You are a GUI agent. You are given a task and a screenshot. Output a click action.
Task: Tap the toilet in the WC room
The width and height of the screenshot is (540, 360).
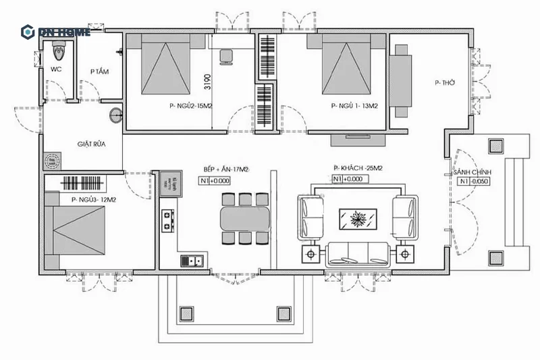pos(58,49)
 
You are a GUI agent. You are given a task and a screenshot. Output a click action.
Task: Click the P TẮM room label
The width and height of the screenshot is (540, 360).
pos(100,72)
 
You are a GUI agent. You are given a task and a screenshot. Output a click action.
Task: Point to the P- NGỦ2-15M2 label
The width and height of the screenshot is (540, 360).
pos(192,106)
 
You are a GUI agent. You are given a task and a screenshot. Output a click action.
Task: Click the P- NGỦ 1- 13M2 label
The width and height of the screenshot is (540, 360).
pos(354,106)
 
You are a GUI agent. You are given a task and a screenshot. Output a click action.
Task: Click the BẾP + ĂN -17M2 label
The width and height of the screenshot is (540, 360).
pos(226,169)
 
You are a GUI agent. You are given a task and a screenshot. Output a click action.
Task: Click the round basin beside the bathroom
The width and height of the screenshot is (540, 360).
pos(115,115)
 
